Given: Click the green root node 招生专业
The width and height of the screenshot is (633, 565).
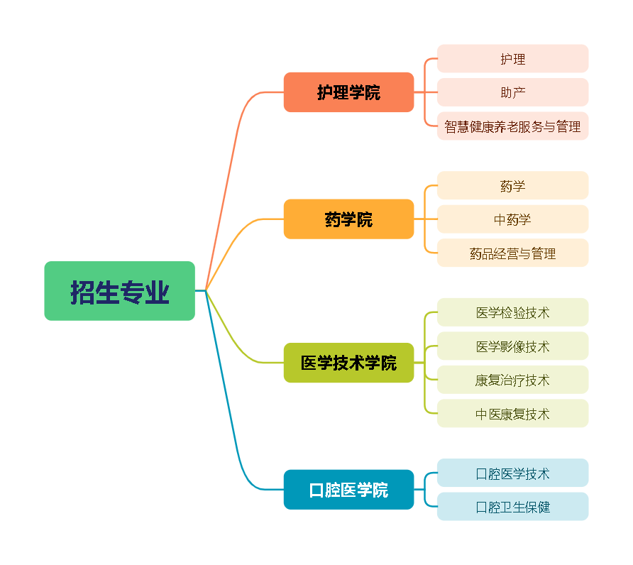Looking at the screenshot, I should [119, 291].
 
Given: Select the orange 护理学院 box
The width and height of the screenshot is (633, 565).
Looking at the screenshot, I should [348, 92].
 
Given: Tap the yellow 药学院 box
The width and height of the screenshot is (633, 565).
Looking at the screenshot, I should [348, 219].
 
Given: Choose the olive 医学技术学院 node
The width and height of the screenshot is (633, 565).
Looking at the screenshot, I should [348, 363].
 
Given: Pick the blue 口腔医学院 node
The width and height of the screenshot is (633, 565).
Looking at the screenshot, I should [348, 490].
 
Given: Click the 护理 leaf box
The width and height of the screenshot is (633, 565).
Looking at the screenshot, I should [512, 59].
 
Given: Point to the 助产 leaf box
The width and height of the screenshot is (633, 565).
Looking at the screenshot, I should [512, 92].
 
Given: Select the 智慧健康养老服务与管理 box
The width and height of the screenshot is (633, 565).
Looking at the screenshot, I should [512, 126].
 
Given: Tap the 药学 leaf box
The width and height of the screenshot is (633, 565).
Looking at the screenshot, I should [512, 186].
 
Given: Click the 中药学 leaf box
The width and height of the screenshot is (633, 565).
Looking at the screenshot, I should [512, 219].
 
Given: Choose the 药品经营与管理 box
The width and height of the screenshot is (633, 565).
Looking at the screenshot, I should [512, 253].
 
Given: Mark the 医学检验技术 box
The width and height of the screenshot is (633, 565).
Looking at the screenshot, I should [512, 312].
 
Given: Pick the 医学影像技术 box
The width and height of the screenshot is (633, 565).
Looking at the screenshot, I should [512, 346].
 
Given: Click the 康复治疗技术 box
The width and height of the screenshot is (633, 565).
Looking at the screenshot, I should [512, 380].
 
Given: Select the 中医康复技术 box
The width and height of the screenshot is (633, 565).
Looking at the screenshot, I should [512, 414].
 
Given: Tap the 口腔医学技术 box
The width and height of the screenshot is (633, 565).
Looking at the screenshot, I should [512, 473].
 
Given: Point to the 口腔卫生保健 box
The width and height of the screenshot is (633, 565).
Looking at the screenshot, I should [512, 507].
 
